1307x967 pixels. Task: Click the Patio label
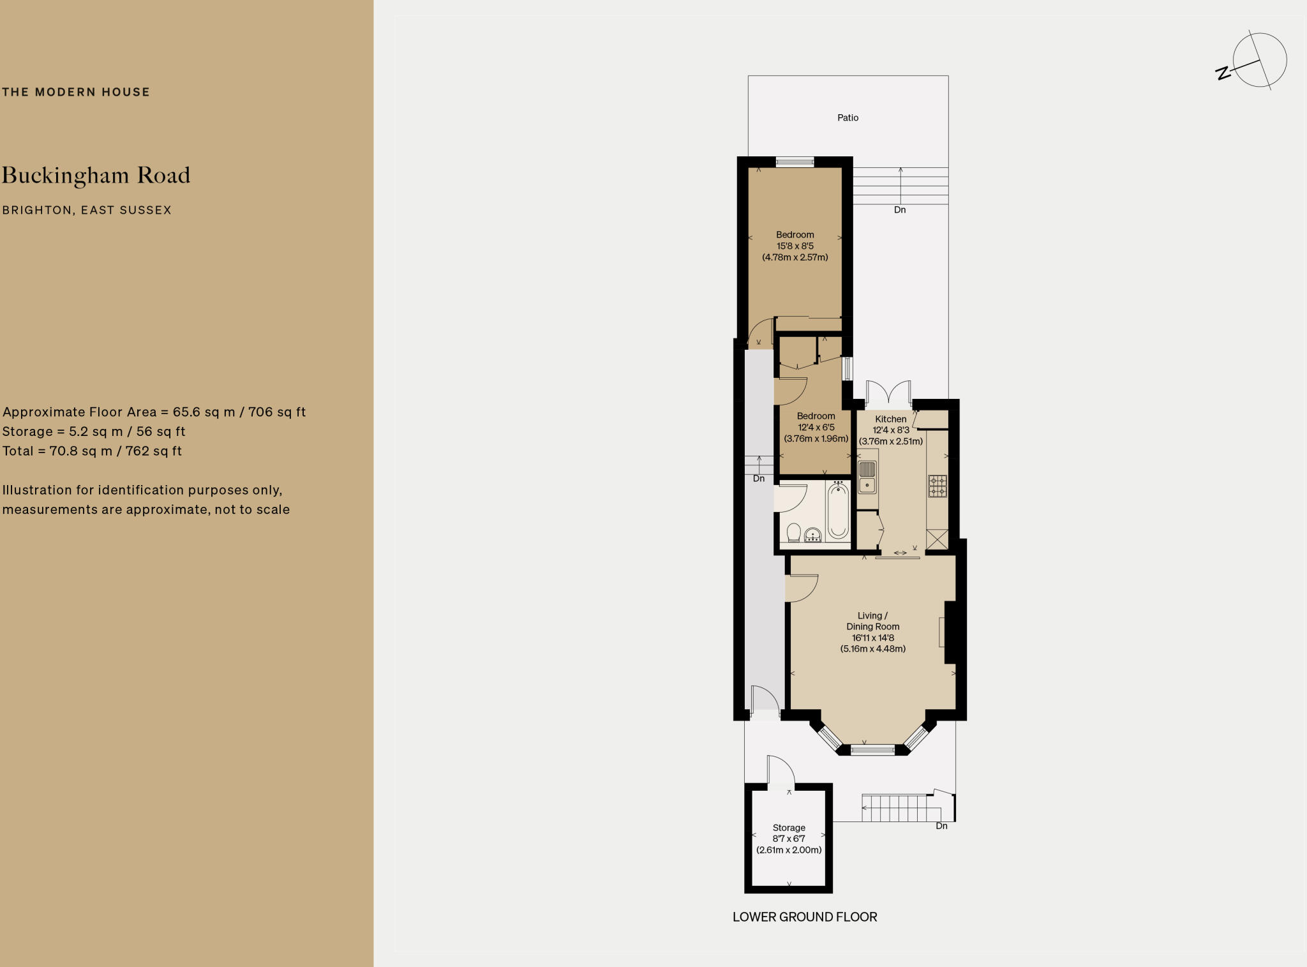[x=848, y=117]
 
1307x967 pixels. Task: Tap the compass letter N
[x=1223, y=73]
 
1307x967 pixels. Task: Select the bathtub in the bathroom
[x=837, y=511]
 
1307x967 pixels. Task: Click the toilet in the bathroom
[x=794, y=532]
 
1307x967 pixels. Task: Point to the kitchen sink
[x=867, y=477]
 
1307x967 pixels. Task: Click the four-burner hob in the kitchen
[x=937, y=486]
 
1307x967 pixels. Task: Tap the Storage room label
[x=789, y=827]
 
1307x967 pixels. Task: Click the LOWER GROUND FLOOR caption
[x=805, y=917]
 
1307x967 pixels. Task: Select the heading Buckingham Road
[x=96, y=176]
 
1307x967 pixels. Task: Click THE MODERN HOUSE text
[x=76, y=92]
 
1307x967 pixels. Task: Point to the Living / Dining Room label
[x=872, y=621]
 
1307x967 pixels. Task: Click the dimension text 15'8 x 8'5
[x=795, y=246]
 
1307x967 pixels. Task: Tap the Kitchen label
[x=890, y=419]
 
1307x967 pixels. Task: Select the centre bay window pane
[x=872, y=751]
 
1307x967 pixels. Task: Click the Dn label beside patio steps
[x=899, y=210]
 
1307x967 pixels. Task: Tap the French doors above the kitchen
[x=888, y=394]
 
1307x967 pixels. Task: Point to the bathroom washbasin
[x=812, y=535]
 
